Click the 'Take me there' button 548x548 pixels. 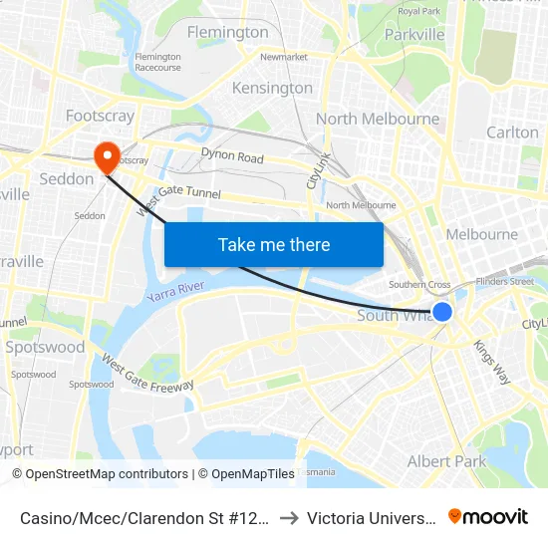click(x=274, y=244)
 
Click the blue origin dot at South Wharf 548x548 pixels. click(x=443, y=312)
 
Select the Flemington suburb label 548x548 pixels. click(x=228, y=32)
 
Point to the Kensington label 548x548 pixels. click(x=272, y=88)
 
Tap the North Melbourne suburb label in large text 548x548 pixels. click(x=377, y=120)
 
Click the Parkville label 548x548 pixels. click(x=413, y=34)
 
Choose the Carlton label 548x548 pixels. click(x=512, y=133)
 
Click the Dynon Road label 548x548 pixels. click(x=232, y=157)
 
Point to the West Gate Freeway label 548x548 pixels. click(x=147, y=373)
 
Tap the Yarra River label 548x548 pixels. click(x=175, y=293)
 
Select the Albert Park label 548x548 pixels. click(x=446, y=461)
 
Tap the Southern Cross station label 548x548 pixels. click(x=419, y=285)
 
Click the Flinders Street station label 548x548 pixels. click(x=508, y=282)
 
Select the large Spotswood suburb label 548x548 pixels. click(x=45, y=348)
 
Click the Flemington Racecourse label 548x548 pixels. click(x=158, y=62)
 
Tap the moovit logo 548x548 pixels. click(x=488, y=517)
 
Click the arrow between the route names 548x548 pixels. click(x=289, y=518)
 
